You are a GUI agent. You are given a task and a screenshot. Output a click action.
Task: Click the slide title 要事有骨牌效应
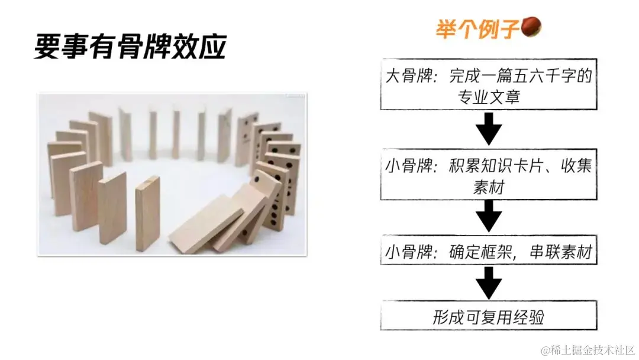[130, 47]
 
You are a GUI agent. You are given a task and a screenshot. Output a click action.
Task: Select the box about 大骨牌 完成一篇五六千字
[488, 84]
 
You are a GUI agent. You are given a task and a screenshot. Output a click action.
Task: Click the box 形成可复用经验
[488, 317]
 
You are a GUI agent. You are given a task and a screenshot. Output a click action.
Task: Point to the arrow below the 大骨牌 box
[488, 129]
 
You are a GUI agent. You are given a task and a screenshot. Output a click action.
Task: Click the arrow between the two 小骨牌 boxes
[488, 216]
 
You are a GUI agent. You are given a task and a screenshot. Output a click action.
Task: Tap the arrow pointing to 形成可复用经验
[488, 283]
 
